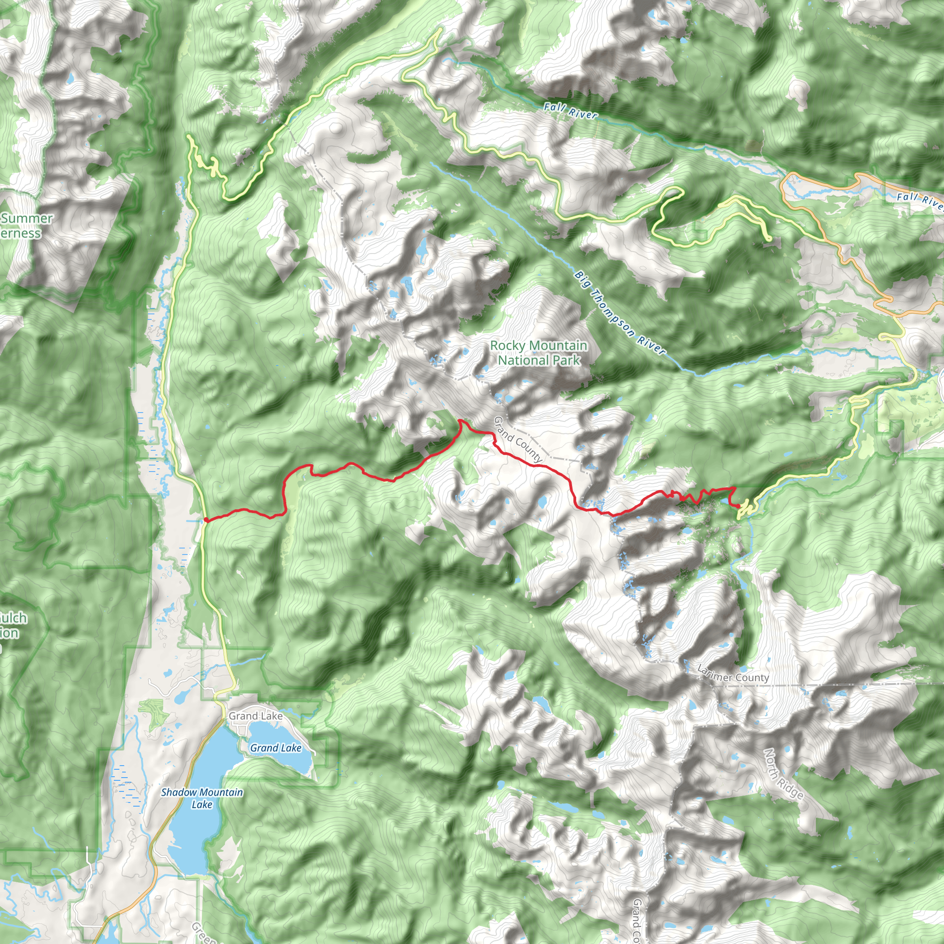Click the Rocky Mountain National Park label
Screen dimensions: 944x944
click(x=538, y=352)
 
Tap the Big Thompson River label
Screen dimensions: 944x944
click(x=619, y=313)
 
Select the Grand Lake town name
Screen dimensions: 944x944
click(x=255, y=716)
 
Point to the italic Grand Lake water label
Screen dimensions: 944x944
click(x=276, y=748)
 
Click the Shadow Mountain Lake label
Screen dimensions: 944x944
click(x=202, y=798)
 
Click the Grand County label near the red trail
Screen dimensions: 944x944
click(x=518, y=439)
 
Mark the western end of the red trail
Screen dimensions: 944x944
click(x=206, y=520)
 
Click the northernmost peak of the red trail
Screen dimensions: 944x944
click(x=460, y=420)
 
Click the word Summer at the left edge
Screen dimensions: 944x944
click(x=27, y=218)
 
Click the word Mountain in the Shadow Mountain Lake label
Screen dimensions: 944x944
click(x=220, y=792)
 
